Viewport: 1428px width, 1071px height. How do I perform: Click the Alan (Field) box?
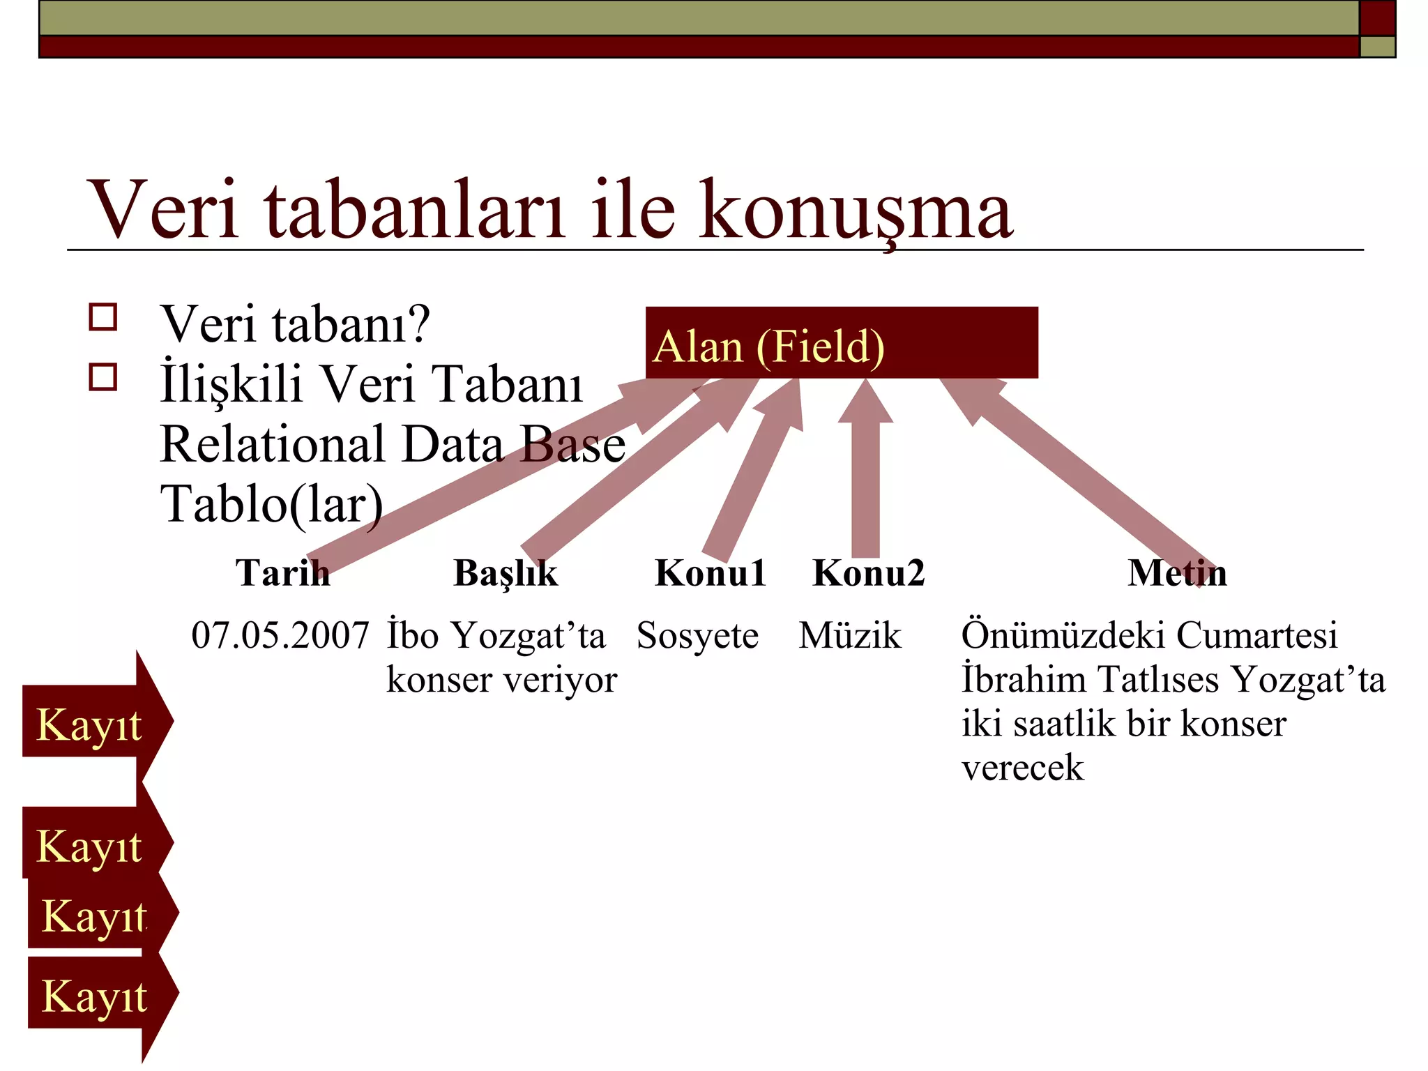click(841, 343)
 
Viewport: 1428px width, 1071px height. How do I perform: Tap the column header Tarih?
click(282, 573)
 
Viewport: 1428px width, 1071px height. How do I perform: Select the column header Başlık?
click(506, 573)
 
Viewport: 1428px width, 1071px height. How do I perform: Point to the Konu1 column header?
click(711, 573)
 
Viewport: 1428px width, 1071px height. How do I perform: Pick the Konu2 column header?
click(869, 573)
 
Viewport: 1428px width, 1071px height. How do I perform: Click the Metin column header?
click(1177, 573)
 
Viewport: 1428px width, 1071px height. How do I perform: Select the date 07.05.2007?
click(280, 635)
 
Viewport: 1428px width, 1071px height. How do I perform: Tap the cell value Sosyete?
click(697, 635)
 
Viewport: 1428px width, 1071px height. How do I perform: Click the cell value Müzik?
click(850, 635)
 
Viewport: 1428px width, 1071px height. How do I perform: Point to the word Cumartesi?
click(1257, 635)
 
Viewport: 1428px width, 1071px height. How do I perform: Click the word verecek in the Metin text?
click(1022, 768)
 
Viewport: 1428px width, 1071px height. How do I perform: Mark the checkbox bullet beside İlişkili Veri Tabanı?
click(103, 377)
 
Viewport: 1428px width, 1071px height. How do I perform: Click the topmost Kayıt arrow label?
click(89, 724)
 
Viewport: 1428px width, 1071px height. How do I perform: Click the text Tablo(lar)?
click(272, 503)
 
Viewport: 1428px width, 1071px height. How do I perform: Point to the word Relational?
click(273, 444)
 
